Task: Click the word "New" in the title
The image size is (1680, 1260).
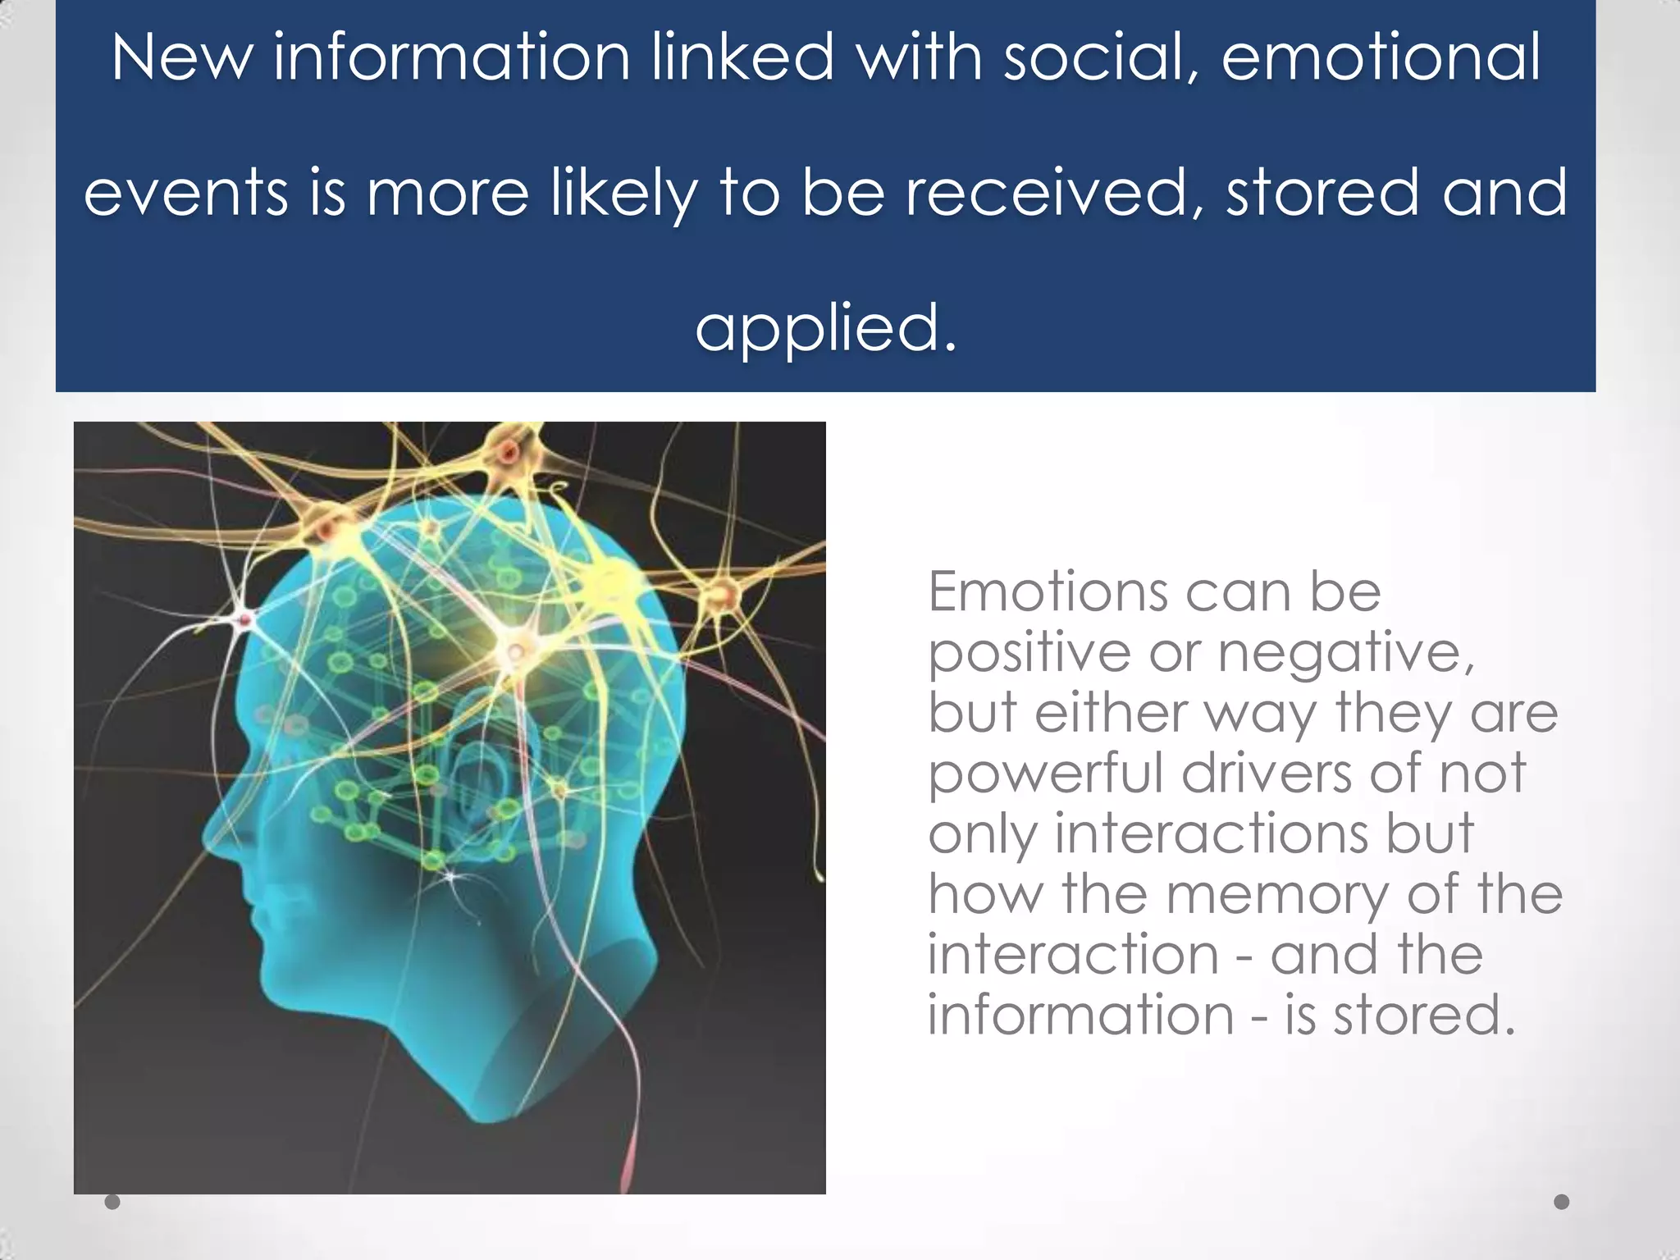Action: (181, 57)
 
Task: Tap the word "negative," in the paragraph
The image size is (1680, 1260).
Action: (1345, 654)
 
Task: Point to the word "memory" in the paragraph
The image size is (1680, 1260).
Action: (1276, 895)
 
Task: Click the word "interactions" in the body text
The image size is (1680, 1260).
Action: (1211, 833)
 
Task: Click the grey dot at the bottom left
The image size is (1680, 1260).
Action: (112, 1202)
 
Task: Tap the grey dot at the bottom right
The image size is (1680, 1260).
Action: (1562, 1202)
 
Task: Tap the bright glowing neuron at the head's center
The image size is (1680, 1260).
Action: (515, 651)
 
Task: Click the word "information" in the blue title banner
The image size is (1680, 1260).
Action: (451, 57)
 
